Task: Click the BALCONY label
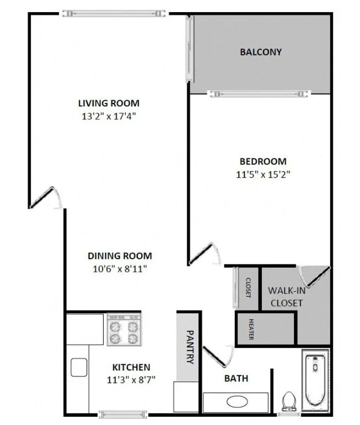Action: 260,52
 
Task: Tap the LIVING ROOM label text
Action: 109,103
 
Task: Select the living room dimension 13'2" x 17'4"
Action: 109,116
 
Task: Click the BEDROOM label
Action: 263,162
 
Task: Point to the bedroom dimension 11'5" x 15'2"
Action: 263,174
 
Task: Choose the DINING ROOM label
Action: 120,256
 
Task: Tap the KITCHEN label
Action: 131,367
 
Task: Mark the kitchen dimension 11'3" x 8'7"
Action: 131,380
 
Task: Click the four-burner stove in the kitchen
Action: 124,330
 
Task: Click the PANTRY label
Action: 189,347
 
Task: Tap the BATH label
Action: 236,379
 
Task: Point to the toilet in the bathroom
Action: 289,401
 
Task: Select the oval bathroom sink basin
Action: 235,402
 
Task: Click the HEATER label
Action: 251,329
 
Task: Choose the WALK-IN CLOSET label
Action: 285,297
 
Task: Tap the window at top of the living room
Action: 113,13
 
